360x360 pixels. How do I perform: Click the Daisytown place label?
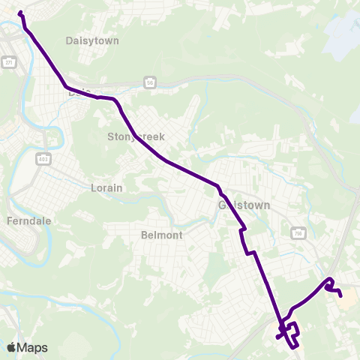point(92,40)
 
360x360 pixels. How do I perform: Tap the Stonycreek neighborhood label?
point(136,136)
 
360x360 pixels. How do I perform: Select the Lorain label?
point(106,187)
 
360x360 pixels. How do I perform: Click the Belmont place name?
point(162,235)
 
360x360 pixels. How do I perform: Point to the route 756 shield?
point(297,233)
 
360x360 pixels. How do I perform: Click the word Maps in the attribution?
point(33,347)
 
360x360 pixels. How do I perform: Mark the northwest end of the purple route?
point(19,13)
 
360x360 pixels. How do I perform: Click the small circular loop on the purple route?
point(328,283)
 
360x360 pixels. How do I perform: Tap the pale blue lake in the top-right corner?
point(341,34)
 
